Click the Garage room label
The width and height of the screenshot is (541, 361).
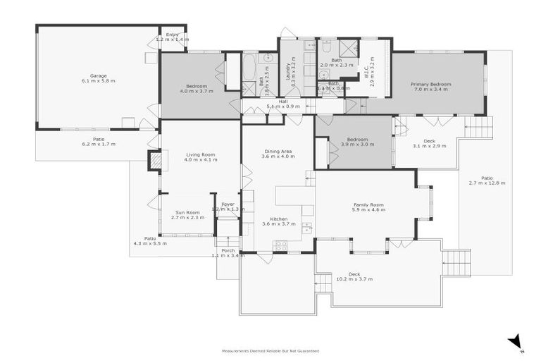click(98, 75)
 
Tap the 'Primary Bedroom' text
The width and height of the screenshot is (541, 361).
click(431, 84)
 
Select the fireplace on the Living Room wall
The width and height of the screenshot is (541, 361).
click(156, 161)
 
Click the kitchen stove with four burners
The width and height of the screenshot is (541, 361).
click(280, 245)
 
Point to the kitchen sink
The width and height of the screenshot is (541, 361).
click(306, 228)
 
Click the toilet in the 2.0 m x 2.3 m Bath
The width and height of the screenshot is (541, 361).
click(324, 73)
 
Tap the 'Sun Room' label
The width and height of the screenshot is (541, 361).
click(188, 212)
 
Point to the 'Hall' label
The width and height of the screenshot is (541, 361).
click(283, 101)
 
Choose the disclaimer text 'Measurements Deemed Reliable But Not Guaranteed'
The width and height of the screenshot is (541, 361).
click(270, 350)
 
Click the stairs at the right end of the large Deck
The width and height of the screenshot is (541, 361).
click(456, 263)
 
